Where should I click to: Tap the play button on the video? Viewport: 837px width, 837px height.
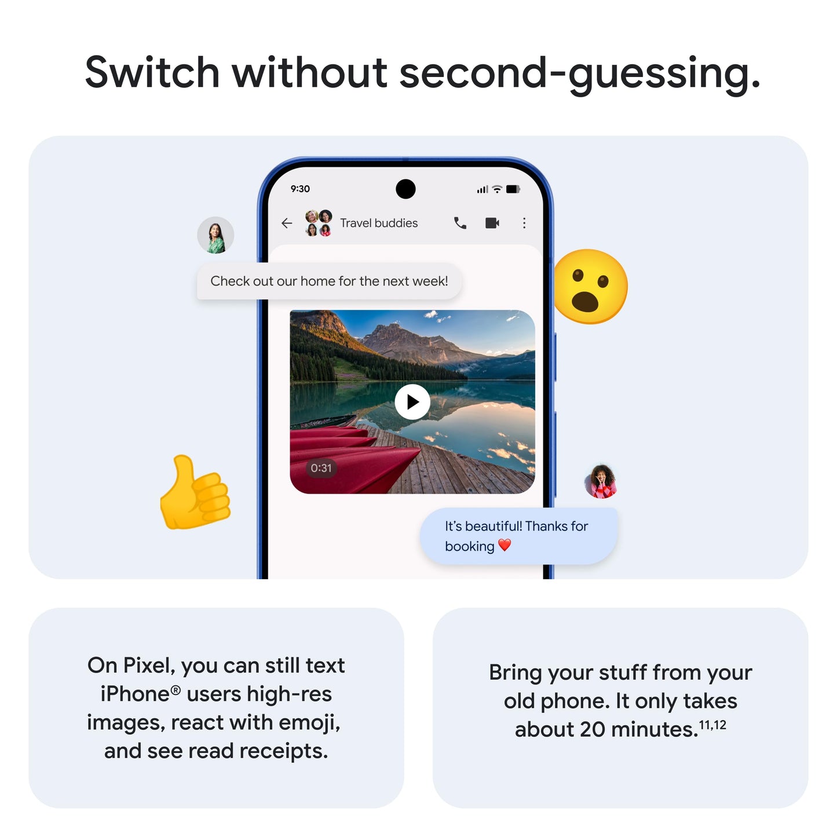point(412,401)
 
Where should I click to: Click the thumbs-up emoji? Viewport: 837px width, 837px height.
point(195,494)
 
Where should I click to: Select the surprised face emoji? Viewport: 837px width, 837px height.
point(590,287)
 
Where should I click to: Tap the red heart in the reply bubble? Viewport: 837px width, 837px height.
point(505,545)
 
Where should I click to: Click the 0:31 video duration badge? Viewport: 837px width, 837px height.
point(321,468)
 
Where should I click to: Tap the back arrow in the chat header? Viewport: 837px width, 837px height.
point(287,223)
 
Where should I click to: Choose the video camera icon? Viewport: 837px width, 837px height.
point(492,223)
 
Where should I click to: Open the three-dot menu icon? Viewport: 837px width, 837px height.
point(524,223)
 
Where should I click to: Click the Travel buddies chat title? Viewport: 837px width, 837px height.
point(379,223)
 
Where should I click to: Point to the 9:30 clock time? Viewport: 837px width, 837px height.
point(300,189)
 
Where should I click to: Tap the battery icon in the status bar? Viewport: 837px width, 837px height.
point(513,189)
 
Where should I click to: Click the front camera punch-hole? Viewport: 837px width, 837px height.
point(405,189)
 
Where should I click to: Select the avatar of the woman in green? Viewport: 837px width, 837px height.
point(215,235)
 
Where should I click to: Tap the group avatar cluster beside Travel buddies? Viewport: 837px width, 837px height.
point(318,223)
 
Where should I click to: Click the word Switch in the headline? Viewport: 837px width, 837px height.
point(152,72)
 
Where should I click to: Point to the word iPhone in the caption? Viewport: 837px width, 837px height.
point(135,694)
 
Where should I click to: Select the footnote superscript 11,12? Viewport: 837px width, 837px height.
point(712,725)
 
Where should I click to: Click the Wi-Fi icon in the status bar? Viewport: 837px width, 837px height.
point(497,189)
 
